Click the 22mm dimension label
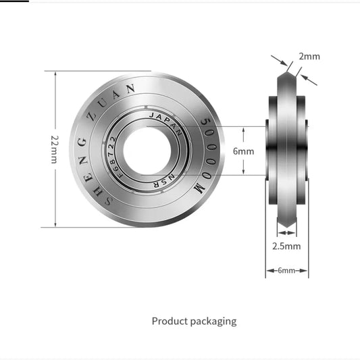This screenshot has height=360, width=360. click(54, 149)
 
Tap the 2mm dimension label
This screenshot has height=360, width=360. click(309, 56)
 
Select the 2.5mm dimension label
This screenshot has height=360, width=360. click(287, 246)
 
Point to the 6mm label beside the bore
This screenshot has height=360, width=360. click(243, 151)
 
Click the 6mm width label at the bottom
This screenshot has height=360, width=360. click(287, 270)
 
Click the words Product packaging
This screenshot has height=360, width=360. click(194, 321)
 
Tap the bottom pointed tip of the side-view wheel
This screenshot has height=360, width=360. click(287, 228)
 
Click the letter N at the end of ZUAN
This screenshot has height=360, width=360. click(133, 88)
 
